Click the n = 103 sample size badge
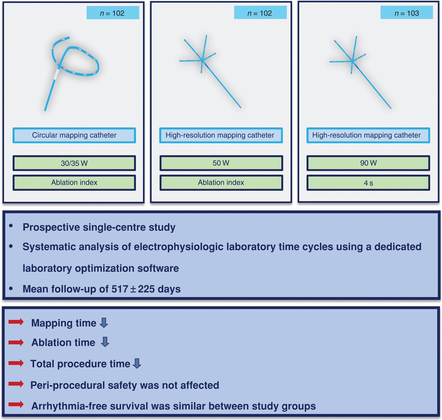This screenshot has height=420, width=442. click(x=406, y=13)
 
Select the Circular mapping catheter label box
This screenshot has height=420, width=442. click(x=74, y=135)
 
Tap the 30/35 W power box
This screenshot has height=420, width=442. click(x=74, y=163)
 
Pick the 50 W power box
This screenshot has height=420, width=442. click(x=221, y=163)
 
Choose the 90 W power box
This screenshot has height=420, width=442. click(x=368, y=163)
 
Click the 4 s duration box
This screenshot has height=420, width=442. click(x=368, y=183)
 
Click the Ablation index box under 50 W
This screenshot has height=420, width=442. click(x=221, y=183)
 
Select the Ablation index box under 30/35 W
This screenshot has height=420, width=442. click(x=74, y=183)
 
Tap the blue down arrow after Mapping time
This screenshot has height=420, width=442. click(x=104, y=323)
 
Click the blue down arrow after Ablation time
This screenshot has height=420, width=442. click(x=105, y=342)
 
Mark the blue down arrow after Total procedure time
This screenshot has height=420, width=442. click(x=137, y=364)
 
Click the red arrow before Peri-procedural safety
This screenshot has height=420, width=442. click(x=16, y=384)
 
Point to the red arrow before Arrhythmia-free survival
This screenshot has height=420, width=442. click(x=16, y=405)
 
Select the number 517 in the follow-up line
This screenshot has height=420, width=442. click(x=120, y=289)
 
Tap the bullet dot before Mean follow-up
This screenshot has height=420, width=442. click(x=11, y=288)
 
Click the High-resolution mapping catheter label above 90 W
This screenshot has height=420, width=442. click(x=366, y=135)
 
